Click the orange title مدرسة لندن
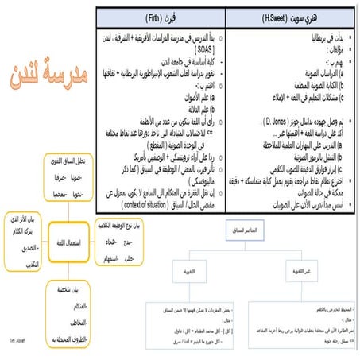(44, 76)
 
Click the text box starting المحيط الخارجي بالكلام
(307, 315)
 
